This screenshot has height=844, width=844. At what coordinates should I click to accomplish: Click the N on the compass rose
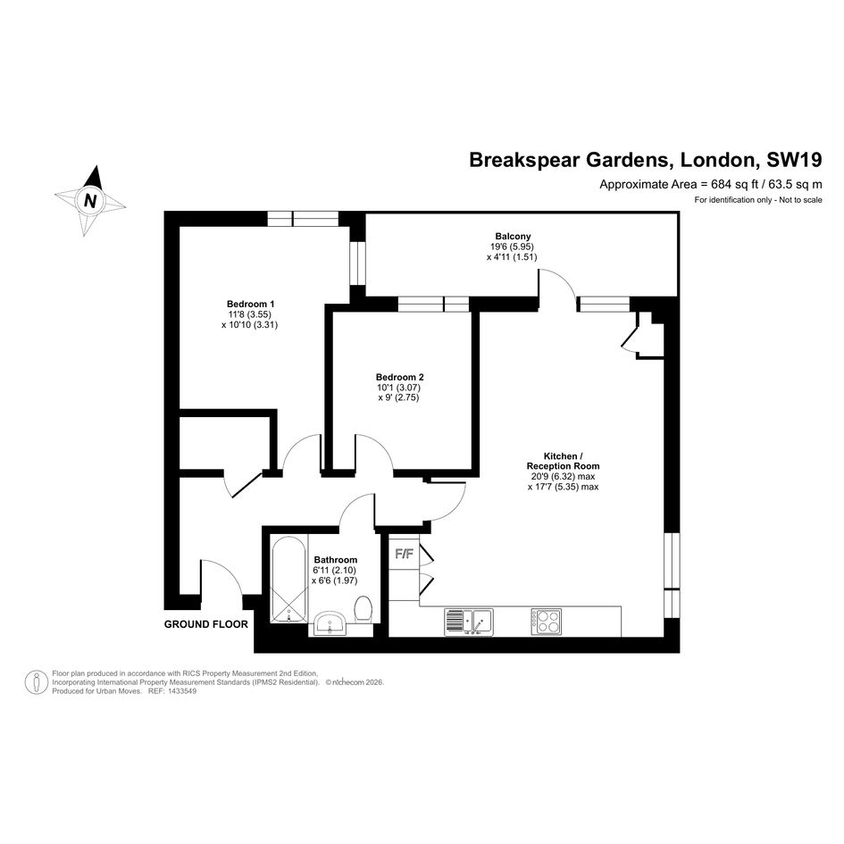pos(90,201)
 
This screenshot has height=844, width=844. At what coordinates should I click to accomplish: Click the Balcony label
pos(513,236)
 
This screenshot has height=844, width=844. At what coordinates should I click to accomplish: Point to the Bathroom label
pos(335,560)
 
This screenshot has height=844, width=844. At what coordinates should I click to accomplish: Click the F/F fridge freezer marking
pos(405,554)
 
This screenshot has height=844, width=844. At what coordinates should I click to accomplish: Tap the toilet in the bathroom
pos(363,609)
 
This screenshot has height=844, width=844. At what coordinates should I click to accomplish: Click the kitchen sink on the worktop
pos(469,623)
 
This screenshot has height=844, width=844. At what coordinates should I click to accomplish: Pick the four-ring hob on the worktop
pos(547,622)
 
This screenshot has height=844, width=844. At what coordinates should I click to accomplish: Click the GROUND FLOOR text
pos(206,624)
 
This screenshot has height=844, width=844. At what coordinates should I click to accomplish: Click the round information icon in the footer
pos(37,682)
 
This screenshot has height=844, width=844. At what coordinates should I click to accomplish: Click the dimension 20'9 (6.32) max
pos(563,476)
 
